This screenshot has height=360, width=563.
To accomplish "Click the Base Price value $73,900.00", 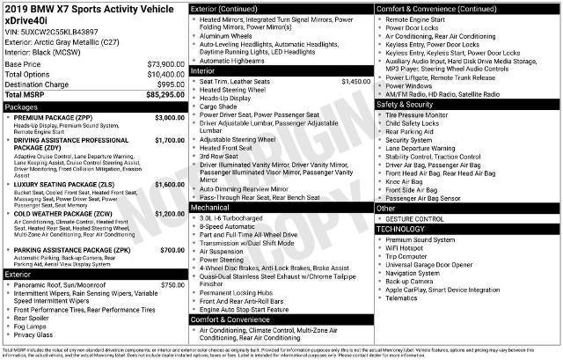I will [165, 64].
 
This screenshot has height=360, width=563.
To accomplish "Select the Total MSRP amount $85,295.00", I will [165, 94].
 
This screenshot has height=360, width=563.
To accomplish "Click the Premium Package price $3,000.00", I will [169, 117].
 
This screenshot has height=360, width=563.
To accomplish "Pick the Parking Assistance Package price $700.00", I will [172, 250].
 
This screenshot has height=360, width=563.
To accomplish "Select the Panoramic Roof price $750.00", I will [172, 285].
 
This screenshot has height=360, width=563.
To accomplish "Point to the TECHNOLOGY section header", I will [404, 228].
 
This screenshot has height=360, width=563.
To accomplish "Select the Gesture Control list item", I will [414, 218].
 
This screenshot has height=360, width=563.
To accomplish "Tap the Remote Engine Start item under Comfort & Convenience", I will [420, 18].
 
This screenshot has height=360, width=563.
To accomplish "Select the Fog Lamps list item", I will [32, 327].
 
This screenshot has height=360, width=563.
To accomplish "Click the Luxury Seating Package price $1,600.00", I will [169, 184].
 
